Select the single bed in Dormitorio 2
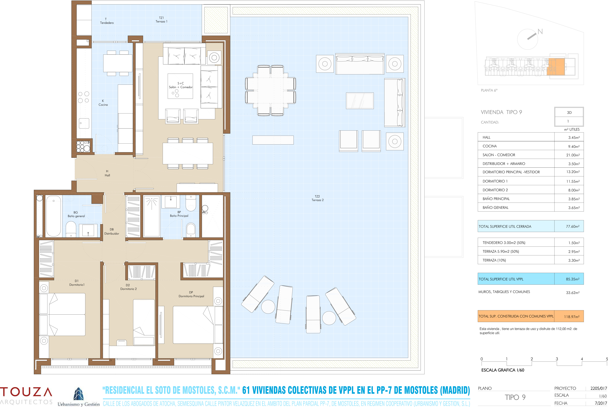pyautogui.click(x=144, y=322)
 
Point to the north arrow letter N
pyautogui.click(x=540, y=32)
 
